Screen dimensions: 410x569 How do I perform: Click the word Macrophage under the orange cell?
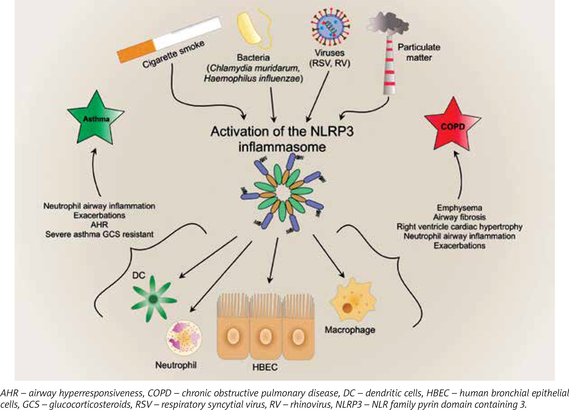coord(350,330)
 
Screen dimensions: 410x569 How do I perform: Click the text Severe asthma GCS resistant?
coord(99,234)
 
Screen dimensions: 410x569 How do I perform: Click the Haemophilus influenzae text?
coord(253,79)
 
